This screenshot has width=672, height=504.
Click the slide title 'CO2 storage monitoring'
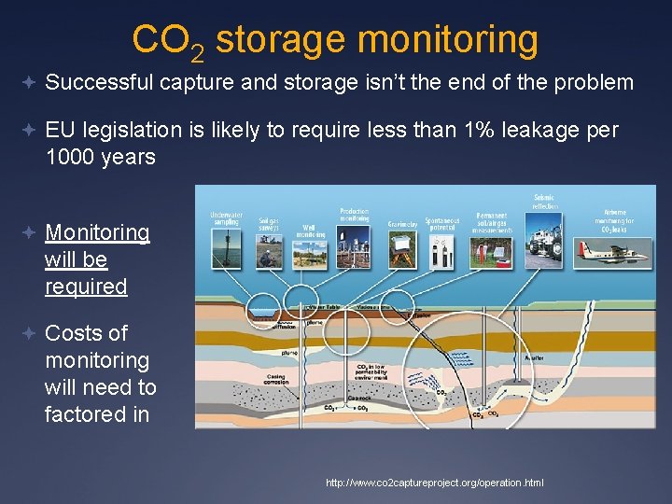(335, 40)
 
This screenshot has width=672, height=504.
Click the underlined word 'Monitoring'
(97, 232)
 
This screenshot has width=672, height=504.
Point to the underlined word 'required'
(86, 287)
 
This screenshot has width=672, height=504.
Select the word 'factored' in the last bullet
(83, 413)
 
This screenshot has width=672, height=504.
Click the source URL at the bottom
(434, 483)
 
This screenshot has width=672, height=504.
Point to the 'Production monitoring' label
(355, 216)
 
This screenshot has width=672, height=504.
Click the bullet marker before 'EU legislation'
(32, 131)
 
